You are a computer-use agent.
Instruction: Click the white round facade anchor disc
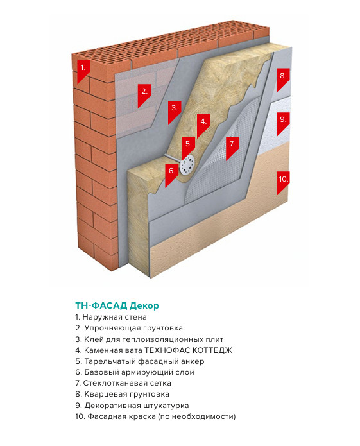click(187, 165)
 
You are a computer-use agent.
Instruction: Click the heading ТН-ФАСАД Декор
click(117, 305)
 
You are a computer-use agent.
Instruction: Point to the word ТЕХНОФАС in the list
click(167, 350)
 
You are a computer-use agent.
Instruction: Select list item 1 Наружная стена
click(111, 317)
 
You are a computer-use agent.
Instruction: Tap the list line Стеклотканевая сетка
click(123, 383)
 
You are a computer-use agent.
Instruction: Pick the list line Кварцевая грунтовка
click(123, 394)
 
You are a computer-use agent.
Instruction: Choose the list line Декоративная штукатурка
click(132, 406)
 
